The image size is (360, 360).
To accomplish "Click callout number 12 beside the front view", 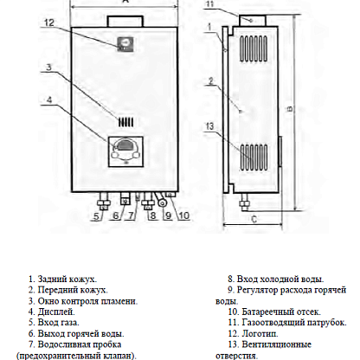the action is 49,22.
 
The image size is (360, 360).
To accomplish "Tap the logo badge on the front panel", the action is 125,44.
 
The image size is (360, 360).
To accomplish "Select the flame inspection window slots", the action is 125,123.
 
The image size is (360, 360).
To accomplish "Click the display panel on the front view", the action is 125,151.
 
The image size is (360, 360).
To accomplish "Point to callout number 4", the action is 49,100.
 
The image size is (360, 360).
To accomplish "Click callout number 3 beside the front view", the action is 49,67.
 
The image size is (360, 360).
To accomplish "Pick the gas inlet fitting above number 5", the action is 103,202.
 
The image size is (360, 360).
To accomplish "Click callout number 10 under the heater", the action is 184,215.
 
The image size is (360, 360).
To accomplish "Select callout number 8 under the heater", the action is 153,215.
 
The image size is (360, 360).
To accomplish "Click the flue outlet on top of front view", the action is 125,22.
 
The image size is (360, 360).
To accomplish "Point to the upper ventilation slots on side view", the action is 254,48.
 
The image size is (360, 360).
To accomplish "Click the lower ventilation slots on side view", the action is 254,157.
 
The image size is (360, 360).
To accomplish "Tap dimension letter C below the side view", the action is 254,220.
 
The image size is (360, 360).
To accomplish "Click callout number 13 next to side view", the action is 210,126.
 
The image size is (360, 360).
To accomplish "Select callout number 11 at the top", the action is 209,4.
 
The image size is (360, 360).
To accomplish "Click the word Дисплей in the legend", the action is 56,312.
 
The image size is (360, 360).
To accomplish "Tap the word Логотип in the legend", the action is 260,334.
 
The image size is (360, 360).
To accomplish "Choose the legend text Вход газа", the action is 59,323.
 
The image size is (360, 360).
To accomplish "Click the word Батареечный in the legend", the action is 268,312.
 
